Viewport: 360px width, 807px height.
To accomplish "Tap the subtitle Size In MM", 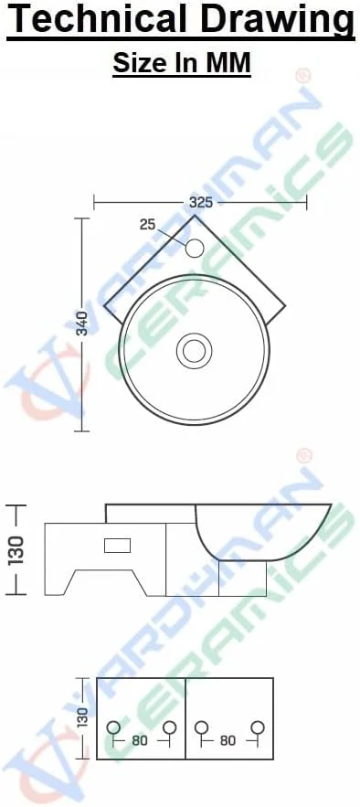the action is (x=182, y=63).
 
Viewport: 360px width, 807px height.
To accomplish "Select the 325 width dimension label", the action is (x=201, y=202).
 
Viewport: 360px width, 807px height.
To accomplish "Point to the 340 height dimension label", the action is (x=82, y=324).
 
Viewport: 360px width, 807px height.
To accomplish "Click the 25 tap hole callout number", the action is (x=148, y=225).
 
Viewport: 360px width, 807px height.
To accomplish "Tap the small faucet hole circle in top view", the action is (x=195, y=248).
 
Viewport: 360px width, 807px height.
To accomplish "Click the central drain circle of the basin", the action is (x=195, y=351).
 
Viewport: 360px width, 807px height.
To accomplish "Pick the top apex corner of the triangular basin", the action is (x=195, y=215).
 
